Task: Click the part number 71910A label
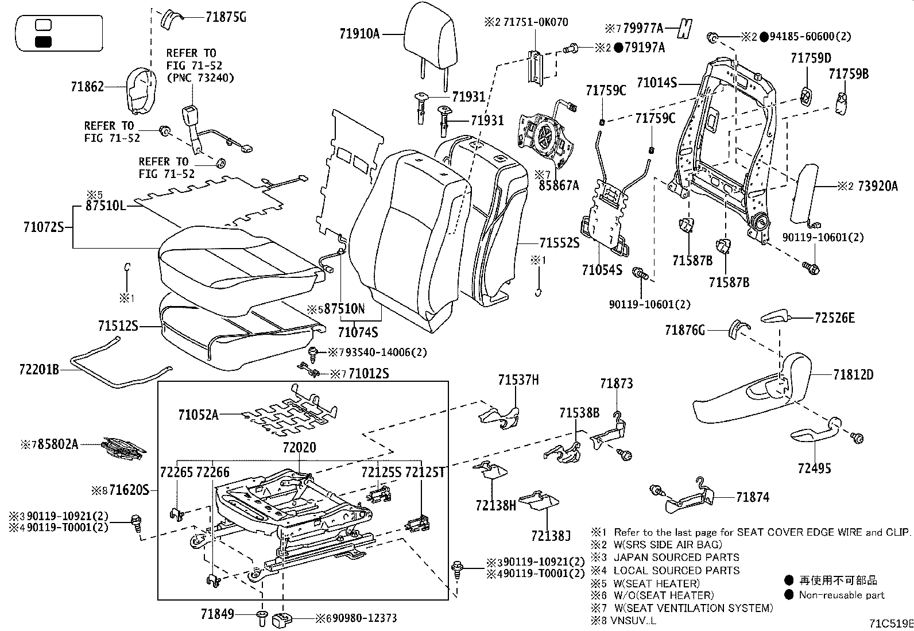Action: coord(359,34)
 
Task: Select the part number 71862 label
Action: coord(87,87)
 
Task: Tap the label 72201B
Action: coord(39,370)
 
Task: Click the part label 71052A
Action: coord(198,415)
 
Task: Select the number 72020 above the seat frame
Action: coord(299,447)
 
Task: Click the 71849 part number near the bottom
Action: coord(218,615)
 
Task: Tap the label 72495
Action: coord(814,469)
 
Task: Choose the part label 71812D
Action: coord(853,375)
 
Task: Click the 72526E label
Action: coord(834,318)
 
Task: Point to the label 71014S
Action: coord(657,83)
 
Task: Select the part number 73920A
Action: coord(877,186)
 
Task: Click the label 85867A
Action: coord(559,185)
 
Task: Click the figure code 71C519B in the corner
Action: coord(890,622)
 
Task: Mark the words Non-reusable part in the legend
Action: coord(841,595)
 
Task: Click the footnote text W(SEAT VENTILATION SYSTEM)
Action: coord(693,607)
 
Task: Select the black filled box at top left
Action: coord(44,41)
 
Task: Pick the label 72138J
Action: coord(551,536)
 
